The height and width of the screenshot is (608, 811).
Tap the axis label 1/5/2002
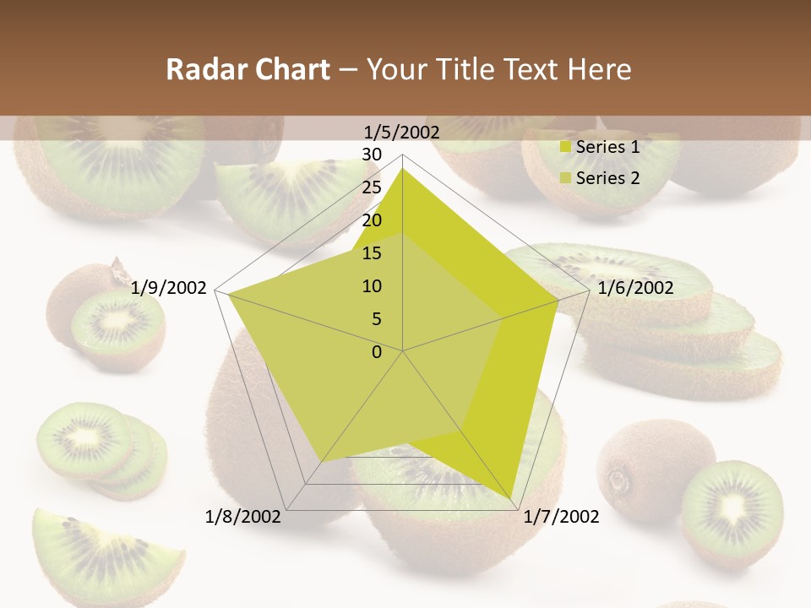[x=402, y=132]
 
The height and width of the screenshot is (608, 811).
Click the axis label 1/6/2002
[x=635, y=289]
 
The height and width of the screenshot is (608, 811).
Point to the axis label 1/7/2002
[x=561, y=517]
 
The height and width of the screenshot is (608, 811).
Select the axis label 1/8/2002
[x=243, y=517]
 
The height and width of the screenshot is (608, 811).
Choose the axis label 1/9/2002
[x=169, y=289]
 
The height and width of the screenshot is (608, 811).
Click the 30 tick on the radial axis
[x=372, y=155]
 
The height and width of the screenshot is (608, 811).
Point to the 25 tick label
[x=372, y=187]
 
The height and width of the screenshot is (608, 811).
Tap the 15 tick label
[x=372, y=253]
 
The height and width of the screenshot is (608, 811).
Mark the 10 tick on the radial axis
[x=372, y=286]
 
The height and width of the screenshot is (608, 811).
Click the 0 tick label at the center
[x=377, y=352]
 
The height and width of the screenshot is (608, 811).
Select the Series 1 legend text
[x=607, y=147]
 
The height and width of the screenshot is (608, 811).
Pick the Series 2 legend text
[x=607, y=177]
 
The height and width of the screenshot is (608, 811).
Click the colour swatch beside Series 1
[x=566, y=147]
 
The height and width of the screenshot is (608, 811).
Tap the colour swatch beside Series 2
[x=566, y=177]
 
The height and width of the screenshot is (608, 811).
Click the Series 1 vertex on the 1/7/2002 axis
[x=511, y=498]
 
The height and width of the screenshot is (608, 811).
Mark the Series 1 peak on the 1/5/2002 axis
[x=403, y=168]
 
